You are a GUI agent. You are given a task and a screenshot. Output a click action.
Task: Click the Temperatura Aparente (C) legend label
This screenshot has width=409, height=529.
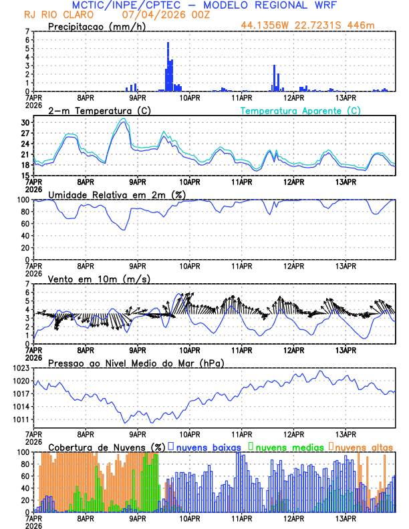tap(300, 110)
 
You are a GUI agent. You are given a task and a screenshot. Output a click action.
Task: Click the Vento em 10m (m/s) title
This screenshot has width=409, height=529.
tap(99, 279)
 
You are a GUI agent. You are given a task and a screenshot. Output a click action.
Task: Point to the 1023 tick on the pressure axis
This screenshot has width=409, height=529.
tap(22, 368)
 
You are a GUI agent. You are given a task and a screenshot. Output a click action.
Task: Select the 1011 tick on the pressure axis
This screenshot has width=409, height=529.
tap(22, 419)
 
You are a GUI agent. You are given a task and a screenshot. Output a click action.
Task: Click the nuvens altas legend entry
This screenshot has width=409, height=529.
tap(361, 447)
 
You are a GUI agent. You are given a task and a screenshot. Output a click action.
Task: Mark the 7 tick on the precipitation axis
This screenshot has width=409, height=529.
tap(27, 31)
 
